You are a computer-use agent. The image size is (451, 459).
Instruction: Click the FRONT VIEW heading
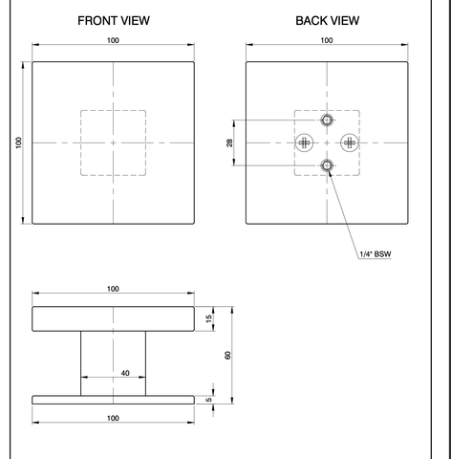114,21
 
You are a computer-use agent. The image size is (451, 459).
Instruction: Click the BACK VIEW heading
328,21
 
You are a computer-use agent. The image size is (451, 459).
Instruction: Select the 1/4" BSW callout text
376,254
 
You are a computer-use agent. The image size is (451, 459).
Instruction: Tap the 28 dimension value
229,142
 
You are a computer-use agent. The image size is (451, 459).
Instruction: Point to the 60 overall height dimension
227,355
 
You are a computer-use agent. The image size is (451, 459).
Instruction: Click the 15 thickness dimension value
209,318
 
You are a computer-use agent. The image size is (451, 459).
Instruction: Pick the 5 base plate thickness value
209,400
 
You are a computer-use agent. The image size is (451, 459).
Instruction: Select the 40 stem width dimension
125,373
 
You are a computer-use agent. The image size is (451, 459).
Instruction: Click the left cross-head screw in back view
305,142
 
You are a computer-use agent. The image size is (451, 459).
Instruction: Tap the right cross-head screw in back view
350,142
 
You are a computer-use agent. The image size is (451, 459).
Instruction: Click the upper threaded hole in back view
327,120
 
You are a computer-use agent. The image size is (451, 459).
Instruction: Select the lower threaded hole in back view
327,165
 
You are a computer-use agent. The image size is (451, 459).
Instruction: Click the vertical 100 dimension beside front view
18,142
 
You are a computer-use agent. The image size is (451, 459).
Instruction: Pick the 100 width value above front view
113,40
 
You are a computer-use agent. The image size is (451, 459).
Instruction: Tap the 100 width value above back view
327,40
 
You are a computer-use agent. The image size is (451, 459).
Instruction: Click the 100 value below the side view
113,418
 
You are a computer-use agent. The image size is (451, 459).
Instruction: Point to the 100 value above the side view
113,289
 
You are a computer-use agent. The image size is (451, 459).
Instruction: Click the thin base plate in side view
113,400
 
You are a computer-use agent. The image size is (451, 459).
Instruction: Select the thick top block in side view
113,318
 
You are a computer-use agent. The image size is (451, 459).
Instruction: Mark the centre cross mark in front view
113,142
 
